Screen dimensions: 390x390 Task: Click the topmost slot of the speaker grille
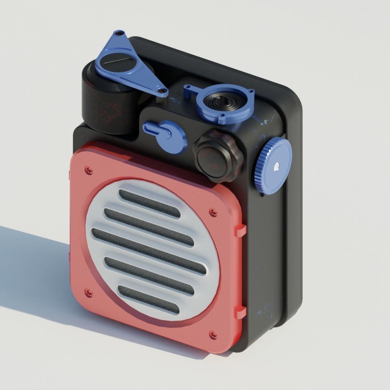point(149,203)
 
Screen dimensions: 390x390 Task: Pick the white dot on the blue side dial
point(276,166)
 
